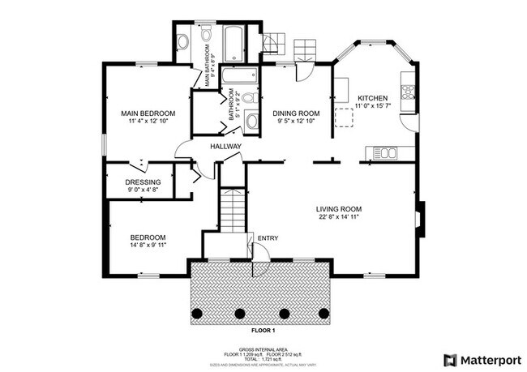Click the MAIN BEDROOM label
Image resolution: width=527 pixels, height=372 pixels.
point(148,113)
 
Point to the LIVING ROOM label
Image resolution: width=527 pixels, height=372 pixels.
point(338,209)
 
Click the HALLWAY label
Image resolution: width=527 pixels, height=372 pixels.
point(225,147)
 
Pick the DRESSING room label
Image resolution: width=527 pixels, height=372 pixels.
point(143,182)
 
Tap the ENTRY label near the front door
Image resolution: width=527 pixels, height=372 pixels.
point(268,237)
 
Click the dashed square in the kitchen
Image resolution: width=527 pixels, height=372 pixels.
point(345,118)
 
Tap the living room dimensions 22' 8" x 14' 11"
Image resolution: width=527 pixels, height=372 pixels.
point(338,217)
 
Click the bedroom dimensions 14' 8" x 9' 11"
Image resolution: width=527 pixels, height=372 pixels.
point(148,244)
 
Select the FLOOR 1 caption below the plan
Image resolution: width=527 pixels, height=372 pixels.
point(263,331)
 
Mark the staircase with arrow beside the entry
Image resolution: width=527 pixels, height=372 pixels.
point(232,208)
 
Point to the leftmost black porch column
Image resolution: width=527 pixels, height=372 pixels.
point(195,313)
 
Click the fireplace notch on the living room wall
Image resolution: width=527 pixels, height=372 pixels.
point(419,218)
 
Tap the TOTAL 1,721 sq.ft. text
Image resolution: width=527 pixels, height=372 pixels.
point(263,359)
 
